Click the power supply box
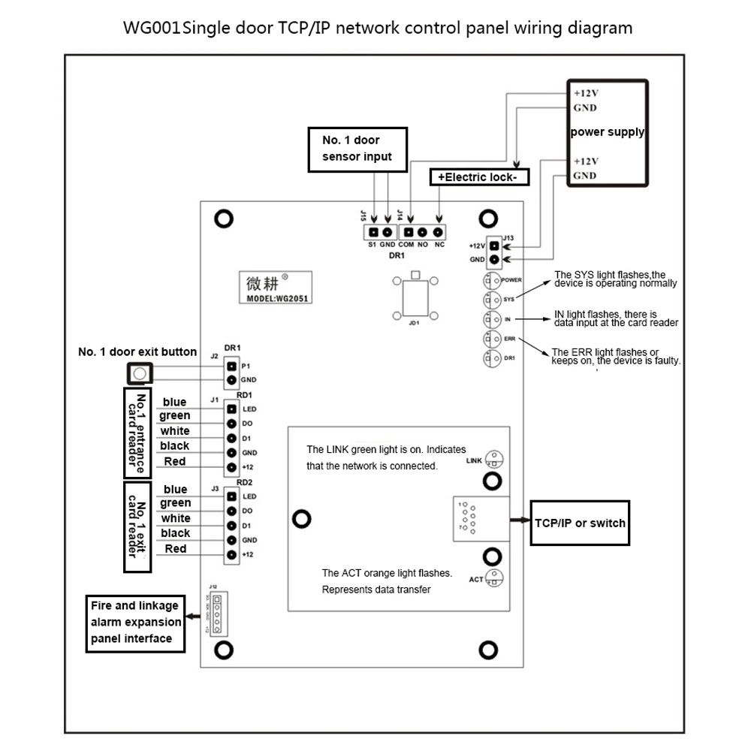pos(607,132)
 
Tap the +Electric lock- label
pos(478,177)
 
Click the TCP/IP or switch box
pos(579,523)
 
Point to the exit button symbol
pos(139,373)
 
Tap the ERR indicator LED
pos(493,339)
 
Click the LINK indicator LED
pos(494,459)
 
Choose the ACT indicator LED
pos(494,578)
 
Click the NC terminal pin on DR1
pos(438,233)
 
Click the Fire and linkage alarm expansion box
pos(135,622)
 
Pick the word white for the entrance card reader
pos(175,431)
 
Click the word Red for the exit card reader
pos(175,549)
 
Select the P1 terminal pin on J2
pos(231,365)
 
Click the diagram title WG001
pos(153,29)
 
